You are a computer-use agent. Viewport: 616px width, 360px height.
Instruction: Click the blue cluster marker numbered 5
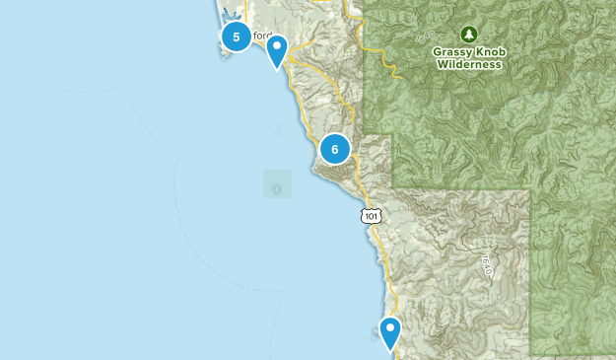point(235,37)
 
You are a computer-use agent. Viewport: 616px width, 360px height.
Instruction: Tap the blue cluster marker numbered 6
point(335,149)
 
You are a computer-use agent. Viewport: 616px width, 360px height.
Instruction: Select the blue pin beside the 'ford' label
point(278,50)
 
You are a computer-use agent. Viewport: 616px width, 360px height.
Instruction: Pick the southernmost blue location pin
point(390,333)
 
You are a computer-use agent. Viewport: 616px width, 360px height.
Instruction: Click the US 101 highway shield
point(370,215)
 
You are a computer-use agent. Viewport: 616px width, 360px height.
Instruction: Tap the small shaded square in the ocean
point(277,184)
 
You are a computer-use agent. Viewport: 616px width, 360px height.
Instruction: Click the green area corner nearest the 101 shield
point(392,187)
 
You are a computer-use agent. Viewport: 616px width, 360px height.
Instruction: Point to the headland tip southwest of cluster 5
point(225,52)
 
